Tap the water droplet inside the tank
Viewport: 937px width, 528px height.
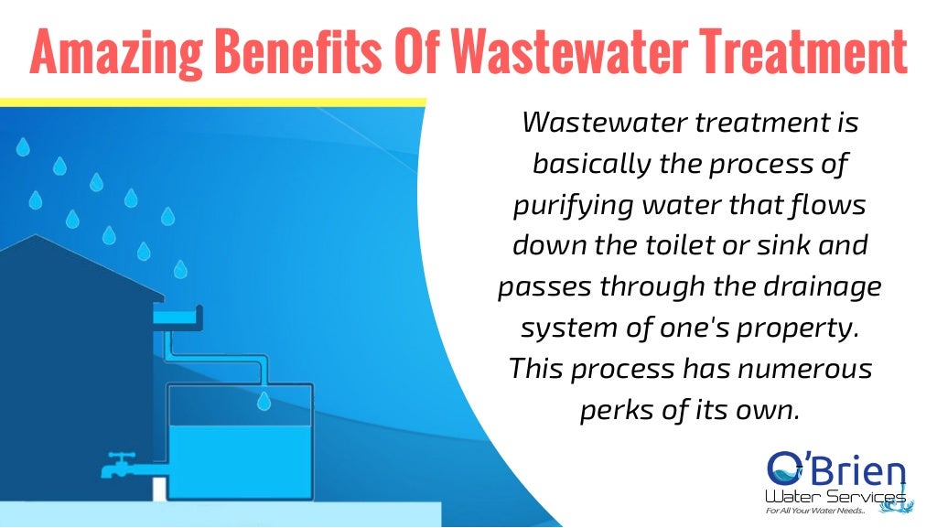coord(264,400)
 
